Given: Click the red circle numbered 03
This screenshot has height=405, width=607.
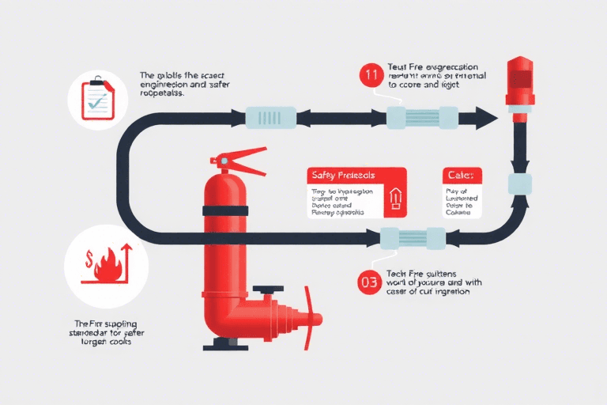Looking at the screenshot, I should pos(370,281).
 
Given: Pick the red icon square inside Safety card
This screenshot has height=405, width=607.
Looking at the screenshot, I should pos(394,201).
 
